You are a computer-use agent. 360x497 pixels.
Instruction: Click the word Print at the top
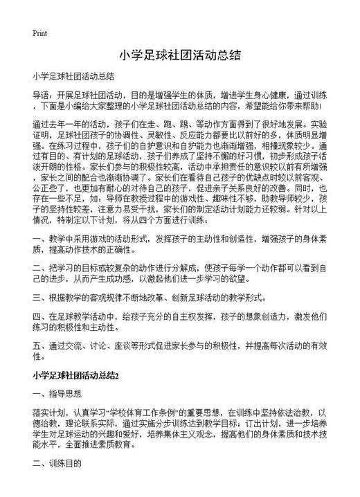point(39,33)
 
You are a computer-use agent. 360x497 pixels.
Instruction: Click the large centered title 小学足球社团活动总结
point(179,54)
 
